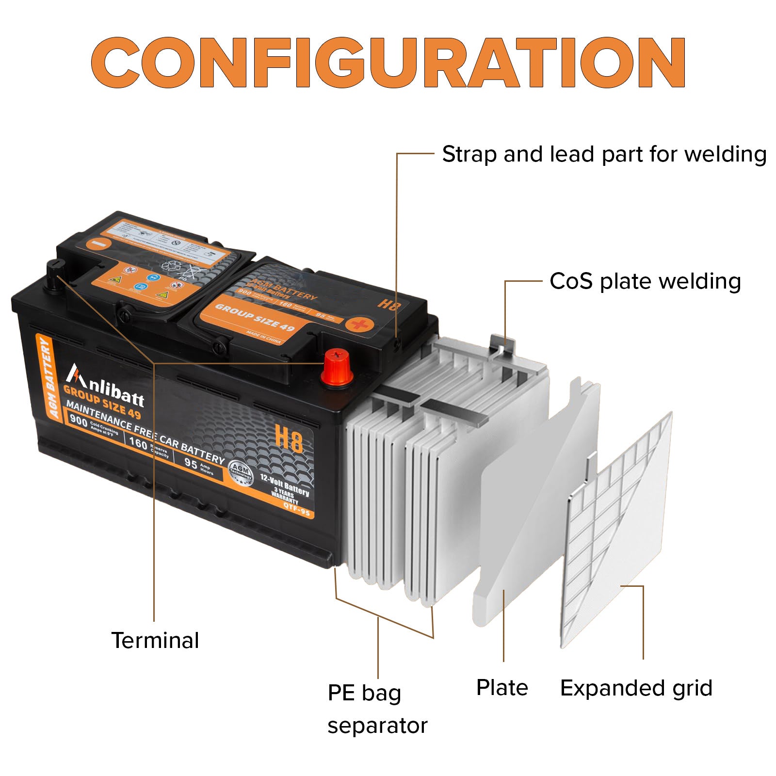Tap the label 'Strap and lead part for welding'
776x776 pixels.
pyautogui.click(x=604, y=155)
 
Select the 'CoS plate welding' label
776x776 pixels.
pyautogui.click(x=645, y=282)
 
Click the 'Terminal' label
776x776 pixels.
pyautogui.click(x=155, y=641)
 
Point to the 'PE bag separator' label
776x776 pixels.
pyautogui.click(x=377, y=709)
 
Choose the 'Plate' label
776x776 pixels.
pyautogui.click(x=502, y=688)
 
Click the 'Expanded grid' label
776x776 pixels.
pyautogui.click(x=636, y=688)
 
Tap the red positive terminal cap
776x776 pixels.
pyautogui.click(x=336, y=368)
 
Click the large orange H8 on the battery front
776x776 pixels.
pyautogui.click(x=289, y=439)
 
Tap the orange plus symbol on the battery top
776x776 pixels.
pyautogui.click(x=359, y=324)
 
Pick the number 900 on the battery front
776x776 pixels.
pyautogui.click(x=78, y=420)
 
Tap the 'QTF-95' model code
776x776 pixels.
pyautogui.click(x=296, y=510)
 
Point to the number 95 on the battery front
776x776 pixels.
pyautogui.click(x=191, y=463)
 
